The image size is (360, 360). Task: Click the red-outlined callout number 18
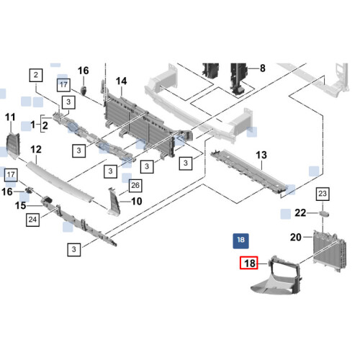coord(249,263)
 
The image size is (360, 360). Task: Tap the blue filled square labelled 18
coord(240,241)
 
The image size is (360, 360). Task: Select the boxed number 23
coord(323,194)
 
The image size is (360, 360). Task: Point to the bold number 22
coord(300,213)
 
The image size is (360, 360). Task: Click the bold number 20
coord(296,237)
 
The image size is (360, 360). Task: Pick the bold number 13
coord(261,155)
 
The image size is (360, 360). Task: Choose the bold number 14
coord(121,81)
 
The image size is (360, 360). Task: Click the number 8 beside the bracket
coord(263,68)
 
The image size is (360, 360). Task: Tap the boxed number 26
coord(135,186)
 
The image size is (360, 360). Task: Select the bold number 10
coord(137,201)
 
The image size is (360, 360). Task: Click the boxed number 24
coord(32,220)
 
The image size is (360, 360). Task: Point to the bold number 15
coord(20,206)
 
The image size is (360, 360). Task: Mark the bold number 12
coord(36,150)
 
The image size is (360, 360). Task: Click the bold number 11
coord(10,117)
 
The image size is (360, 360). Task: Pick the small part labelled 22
coord(324,214)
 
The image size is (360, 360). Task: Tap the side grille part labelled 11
coord(13,145)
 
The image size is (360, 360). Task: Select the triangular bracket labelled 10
coord(113,202)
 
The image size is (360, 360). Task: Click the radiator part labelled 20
coord(330,251)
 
